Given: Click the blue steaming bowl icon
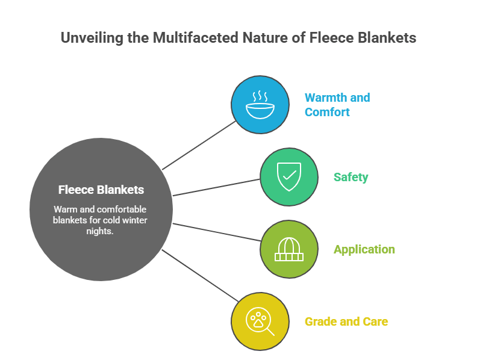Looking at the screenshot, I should point(260,104).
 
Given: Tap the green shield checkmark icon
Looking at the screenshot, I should point(288,176).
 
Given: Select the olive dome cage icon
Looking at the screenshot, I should point(288,249).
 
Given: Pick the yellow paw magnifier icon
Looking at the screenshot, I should point(260,321).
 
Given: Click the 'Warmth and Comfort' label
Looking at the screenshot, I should point(337,104).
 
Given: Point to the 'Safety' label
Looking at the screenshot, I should point(351,177).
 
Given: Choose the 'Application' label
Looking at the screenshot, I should point(364,249).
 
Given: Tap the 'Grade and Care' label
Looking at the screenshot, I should point(346,321).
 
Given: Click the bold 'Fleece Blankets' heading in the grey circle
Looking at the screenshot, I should point(101,190).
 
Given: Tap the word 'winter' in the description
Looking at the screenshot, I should point(135,220).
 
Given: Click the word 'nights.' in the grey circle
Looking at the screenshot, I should point(101,231).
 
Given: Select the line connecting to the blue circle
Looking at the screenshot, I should point(199,144).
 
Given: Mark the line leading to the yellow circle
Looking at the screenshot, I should point(199,274).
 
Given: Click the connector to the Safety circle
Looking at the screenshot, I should point(217,187).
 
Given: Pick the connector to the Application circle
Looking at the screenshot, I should point(217,232).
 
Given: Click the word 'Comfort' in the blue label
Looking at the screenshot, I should point(327,112).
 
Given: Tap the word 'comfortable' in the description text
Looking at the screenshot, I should point(123,209).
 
